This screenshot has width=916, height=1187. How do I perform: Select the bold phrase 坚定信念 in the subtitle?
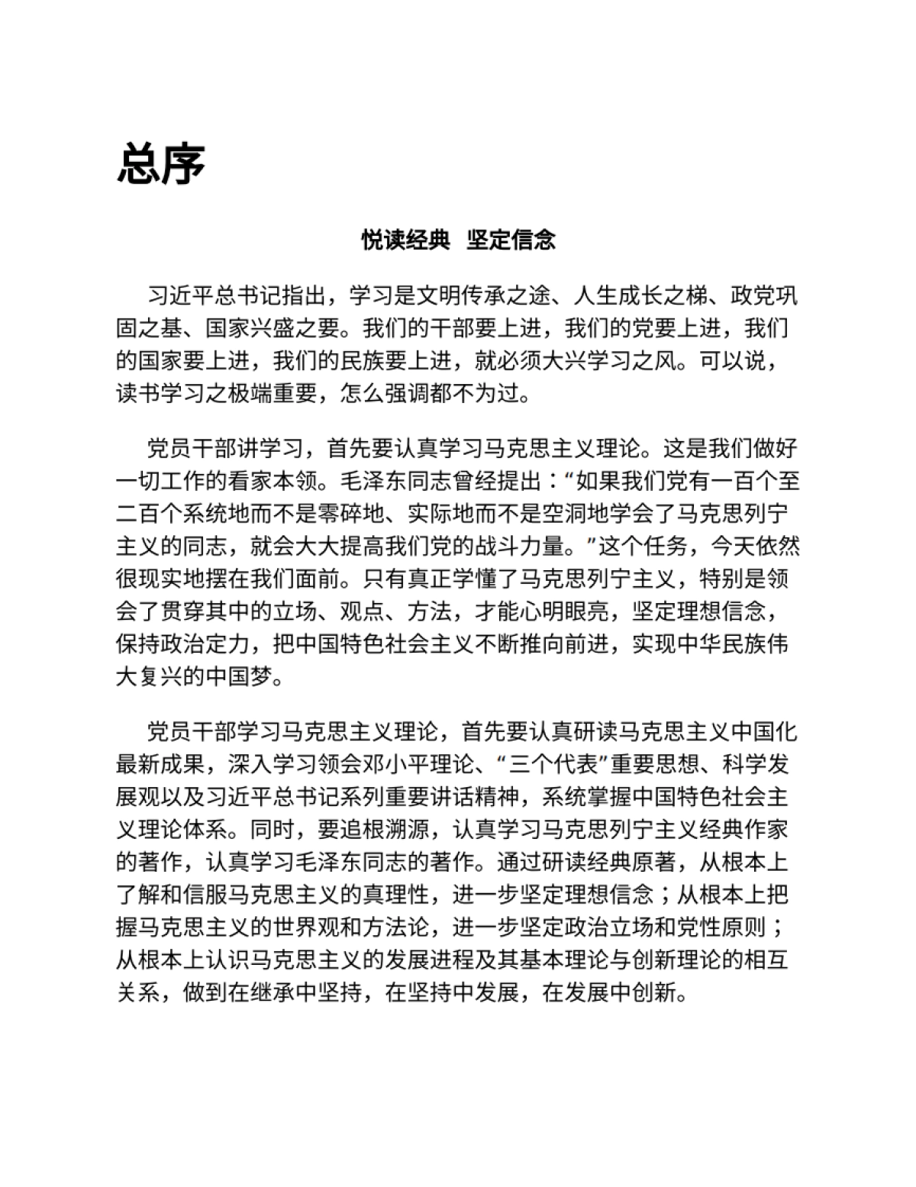click(511, 240)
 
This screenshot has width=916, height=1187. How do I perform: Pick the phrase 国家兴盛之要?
click(273, 328)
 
